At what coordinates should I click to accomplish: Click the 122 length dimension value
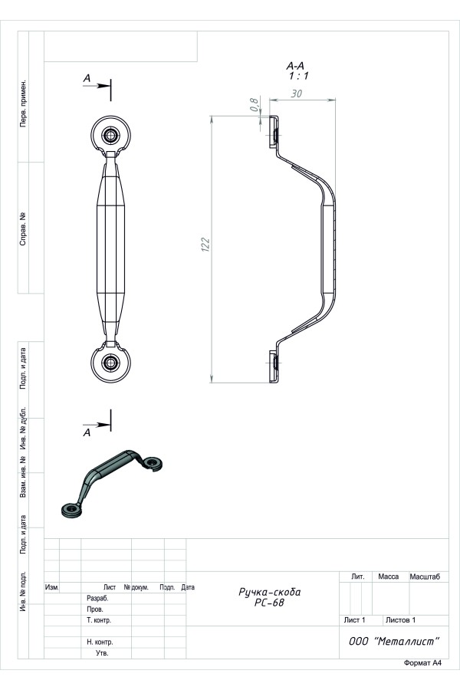click(x=205, y=245)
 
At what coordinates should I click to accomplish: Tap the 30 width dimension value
click(x=297, y=94)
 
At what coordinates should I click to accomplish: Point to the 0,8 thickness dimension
click(x=254, y=104)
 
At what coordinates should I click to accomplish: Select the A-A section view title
click(x=295, y=66)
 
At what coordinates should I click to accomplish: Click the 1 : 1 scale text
click(x=298, y=76)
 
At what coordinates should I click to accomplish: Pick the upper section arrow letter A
click(x=87, y=78)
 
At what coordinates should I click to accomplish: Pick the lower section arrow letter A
click(x=87, y=432)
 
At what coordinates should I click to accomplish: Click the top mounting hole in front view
click(x=110, y=135)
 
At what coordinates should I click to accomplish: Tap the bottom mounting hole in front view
click(x=110, y=363)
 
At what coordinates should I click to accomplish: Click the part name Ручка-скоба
click(x=269, y=592)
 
